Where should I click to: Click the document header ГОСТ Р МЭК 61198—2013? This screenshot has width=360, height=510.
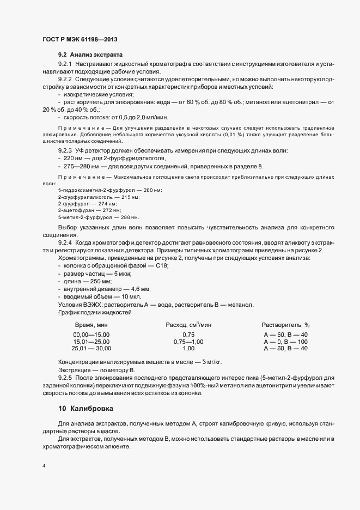[80, 40]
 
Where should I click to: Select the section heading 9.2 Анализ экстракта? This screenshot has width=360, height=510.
[90, 55]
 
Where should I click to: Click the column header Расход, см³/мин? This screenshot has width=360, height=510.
[188, 325]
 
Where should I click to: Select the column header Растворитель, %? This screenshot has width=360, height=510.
[285, 325]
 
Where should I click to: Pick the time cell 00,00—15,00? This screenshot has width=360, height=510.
[91, 335]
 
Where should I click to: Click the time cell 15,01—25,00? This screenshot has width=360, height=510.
[91, 342]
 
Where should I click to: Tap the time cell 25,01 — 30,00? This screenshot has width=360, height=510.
[91, 348]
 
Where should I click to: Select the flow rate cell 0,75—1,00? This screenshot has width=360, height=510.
[188, 342]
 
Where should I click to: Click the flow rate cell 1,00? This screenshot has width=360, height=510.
[188, 348]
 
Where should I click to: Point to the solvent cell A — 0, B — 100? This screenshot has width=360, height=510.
[285, 342]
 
